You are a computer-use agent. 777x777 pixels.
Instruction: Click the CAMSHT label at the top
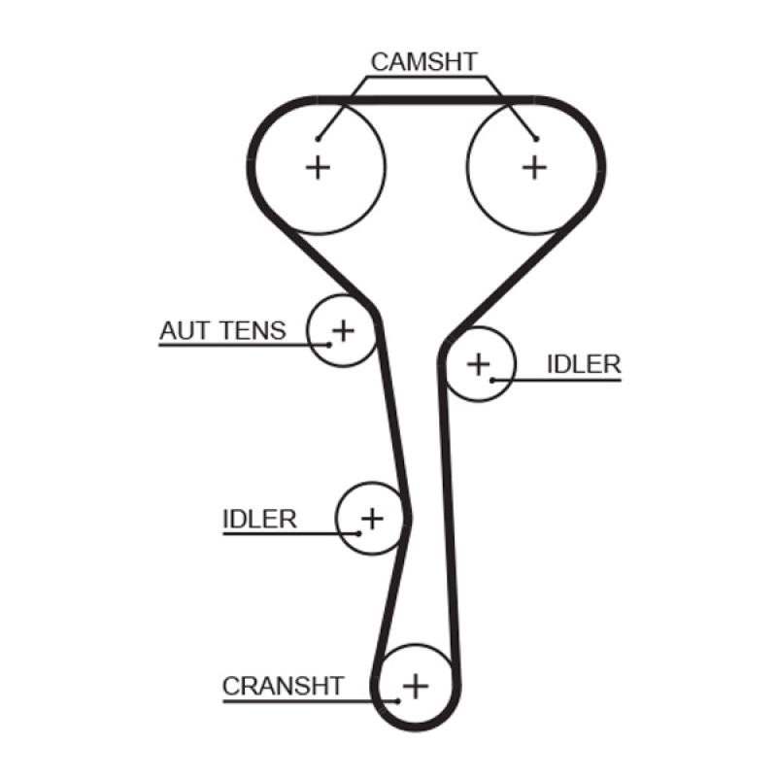424,62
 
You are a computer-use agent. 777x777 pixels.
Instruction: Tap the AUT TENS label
223,330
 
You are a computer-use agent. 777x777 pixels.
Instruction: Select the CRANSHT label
283,686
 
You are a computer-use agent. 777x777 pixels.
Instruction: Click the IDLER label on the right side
583,364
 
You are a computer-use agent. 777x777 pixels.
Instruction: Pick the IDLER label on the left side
259,519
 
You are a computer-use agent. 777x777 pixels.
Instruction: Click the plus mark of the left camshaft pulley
318,167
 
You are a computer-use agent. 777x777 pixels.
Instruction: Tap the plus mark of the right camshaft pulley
534,167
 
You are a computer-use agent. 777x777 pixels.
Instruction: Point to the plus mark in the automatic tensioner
343,331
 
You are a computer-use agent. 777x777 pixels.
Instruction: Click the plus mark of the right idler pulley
478,364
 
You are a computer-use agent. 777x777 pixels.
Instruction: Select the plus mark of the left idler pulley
372,518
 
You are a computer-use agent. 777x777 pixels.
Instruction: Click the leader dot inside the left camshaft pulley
318,139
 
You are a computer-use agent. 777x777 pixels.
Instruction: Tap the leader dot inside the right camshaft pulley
535,139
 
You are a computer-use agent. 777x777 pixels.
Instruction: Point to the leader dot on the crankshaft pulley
397,700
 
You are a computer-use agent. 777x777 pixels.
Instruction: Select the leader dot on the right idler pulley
492,379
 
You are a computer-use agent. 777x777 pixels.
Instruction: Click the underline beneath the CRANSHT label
291,700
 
